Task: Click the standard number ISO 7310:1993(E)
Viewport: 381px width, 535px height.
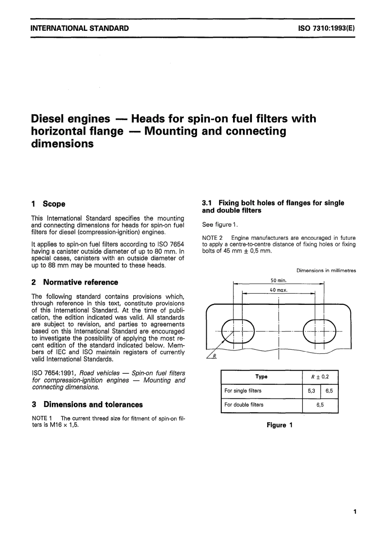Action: tap(326, 28)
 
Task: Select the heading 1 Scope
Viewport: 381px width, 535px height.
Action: tap(48, 204)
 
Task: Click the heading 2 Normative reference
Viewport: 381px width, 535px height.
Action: tap(75, 282)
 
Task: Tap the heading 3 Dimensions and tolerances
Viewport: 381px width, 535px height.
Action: tap(87, 405)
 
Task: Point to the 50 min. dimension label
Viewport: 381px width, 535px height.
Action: tap(278, 281)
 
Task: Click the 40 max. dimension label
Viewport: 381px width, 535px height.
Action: tap(278, 290)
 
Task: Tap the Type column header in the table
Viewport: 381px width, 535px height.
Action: tap(261, 377)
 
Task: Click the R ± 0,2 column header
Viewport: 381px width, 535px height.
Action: tap(320, 377)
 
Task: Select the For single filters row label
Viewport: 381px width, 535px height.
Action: tap(243, 391)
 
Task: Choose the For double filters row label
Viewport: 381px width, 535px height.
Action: tap(244, 405)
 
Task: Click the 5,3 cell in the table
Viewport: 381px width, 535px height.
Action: tap(311, 391)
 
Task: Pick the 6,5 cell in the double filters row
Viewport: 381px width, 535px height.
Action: tap(320, 405)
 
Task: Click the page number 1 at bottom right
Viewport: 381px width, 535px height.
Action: tap(355, 511)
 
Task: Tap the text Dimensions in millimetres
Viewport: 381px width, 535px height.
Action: tap(326, 271)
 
